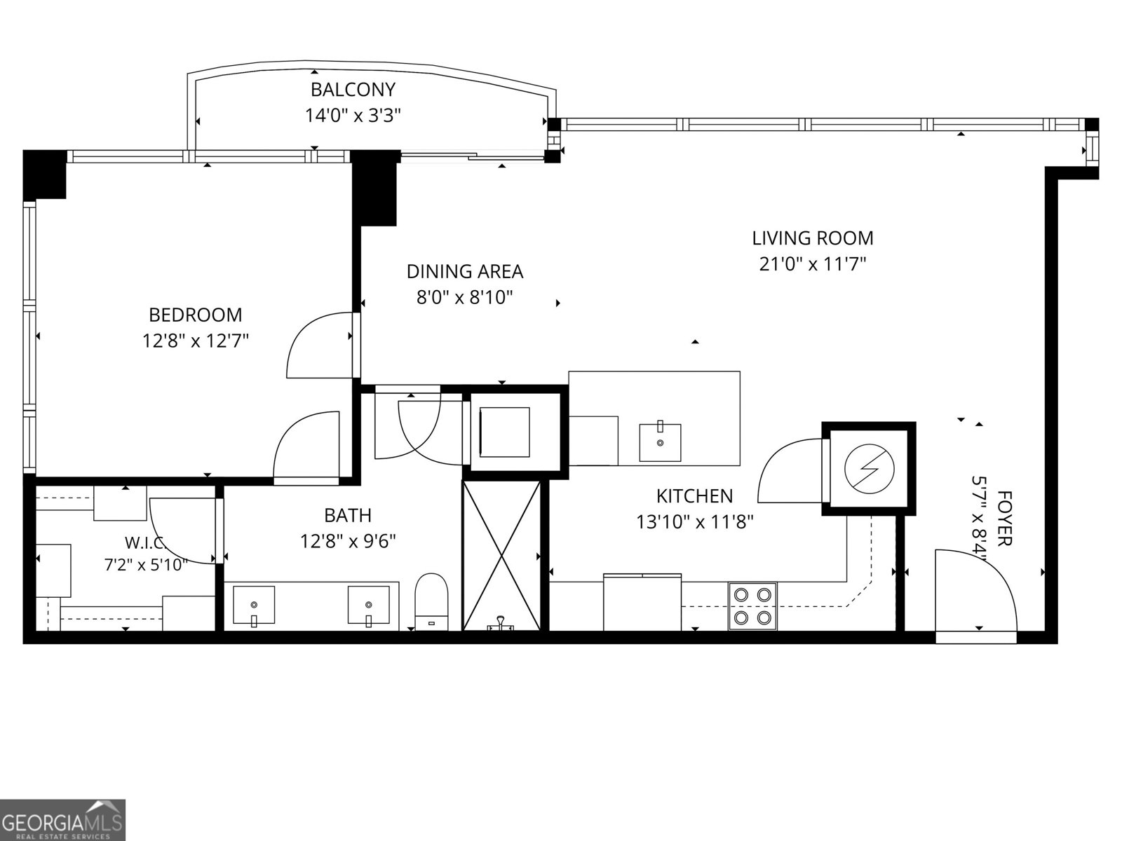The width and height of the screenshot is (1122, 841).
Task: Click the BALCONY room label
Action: click(x=353, y=90)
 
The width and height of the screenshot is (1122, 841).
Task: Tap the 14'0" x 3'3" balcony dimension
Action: click(x=353, y=116)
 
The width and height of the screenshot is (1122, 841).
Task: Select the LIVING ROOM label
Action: click(x=812, y=238)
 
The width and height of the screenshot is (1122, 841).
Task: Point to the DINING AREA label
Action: click(x=465, y=271)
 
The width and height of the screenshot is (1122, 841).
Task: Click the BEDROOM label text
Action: click(x=195, y=315)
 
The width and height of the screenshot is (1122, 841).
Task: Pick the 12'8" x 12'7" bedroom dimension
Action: click(x=195, y=341)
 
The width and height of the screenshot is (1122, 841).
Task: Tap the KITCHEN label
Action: click(x=694, y=495)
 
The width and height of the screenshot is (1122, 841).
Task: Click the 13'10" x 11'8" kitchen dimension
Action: click(x=694, y=522)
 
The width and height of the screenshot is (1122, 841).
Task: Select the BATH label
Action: click(x=348, y=515)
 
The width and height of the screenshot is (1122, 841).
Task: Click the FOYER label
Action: click(x=1004, y=519)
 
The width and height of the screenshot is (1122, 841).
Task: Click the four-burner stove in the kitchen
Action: click(x=752, y=606)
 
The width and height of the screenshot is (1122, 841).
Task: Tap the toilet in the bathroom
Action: click(x=431, y=601)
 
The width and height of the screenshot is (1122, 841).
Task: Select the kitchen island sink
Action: click(x=660, y=442)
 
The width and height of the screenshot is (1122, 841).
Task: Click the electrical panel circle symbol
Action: click(x=870, y=468)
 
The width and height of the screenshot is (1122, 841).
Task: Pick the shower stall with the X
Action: click(x=501, y=556)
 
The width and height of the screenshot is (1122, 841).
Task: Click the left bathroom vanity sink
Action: click(x=254, y=605)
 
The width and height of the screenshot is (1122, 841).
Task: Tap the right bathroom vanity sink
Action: click(x=368, y=605)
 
